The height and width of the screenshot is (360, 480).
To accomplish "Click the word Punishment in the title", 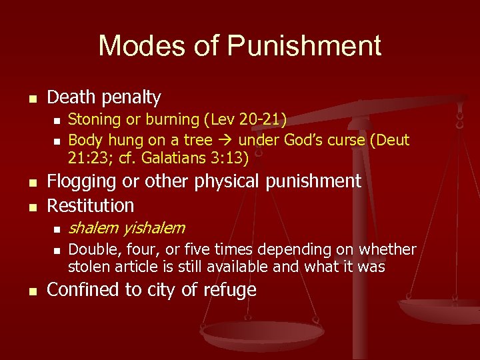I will pos(305,46).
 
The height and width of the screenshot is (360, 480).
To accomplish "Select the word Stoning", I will pos(93,120).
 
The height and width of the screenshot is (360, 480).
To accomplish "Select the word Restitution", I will pos(91,205).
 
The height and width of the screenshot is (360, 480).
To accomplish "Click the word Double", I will pos(93,250).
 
